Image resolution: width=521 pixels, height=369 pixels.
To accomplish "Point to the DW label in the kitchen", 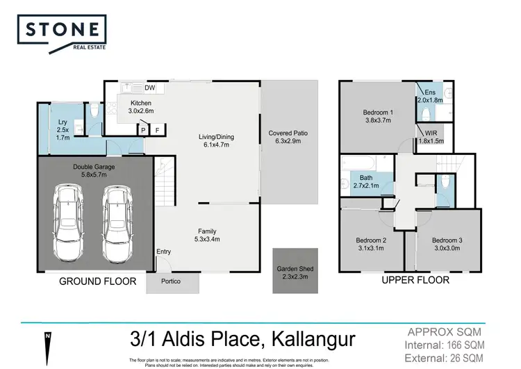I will (x=149, y=88).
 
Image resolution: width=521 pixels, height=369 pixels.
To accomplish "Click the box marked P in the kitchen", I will (x=143, y=129).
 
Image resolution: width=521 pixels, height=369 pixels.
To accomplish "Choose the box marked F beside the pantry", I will (x=158, y=129).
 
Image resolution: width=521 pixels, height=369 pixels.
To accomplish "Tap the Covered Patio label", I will (x=288, y=137).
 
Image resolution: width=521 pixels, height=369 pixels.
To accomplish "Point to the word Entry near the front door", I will (x=163, y=252).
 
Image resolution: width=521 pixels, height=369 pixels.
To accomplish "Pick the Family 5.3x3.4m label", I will (x=207, y=236).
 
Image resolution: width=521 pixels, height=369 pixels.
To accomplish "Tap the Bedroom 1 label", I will (x=379, y=116).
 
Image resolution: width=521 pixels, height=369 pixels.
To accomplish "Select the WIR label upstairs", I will (x=431, y=138).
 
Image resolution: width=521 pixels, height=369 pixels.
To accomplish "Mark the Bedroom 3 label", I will (x=447, y=243).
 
